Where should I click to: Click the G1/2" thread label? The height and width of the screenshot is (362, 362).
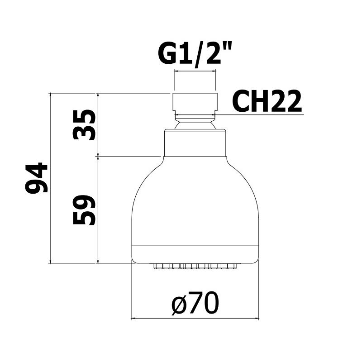click(x=194, y=55)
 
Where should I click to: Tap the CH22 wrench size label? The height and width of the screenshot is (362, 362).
click(x=267, y=101)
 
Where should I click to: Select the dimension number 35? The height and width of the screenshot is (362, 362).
click(x=84, y=124)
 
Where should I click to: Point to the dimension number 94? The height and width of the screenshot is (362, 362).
click(x=36, y=177)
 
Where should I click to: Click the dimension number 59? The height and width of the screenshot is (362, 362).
click(x=84, y=210)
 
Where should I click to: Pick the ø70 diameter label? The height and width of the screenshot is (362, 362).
click(x=195, y=303)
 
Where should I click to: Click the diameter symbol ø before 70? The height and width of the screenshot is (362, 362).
click(x=179, y=305)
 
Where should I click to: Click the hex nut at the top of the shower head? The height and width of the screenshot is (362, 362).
click(x=195, y=102)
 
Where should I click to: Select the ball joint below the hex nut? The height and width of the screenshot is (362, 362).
click(x=195, y=124)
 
